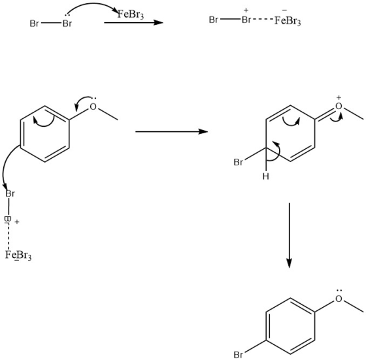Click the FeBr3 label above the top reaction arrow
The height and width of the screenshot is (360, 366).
point(131,14)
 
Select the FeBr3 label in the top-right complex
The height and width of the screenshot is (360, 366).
point(288,21)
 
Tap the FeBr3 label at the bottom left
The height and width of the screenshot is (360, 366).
point(18,255)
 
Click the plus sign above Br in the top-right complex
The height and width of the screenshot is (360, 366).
point(246,10)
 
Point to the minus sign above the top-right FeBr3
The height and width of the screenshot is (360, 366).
point(284,10)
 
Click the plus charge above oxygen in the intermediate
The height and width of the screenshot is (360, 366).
point(339,97)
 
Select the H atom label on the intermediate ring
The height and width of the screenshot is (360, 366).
point(265,176)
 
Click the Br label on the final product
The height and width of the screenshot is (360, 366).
point(238,355)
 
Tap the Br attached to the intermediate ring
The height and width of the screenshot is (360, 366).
point(238,162)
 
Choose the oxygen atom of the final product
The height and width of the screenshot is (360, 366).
point(339,299)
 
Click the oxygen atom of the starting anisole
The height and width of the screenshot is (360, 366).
point(93,106)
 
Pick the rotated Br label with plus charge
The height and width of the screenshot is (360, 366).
point(8,220)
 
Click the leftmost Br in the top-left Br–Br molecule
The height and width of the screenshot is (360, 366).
point(34,24)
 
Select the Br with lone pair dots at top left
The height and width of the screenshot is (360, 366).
point(67,24)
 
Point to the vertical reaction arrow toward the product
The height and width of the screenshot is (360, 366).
point(289,235)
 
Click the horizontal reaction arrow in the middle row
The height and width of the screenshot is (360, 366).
point(171,131)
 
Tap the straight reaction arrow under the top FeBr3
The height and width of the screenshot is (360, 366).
point(133,23)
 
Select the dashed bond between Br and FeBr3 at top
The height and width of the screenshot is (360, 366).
point(262,20)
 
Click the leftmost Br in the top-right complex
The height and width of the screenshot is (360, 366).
point(214,20)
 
